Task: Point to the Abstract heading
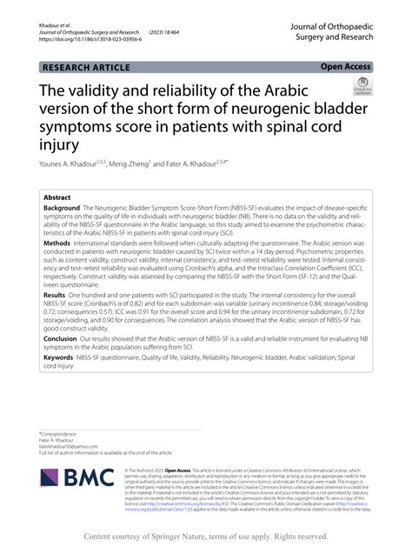point(56,197)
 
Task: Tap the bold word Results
point(56,297)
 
